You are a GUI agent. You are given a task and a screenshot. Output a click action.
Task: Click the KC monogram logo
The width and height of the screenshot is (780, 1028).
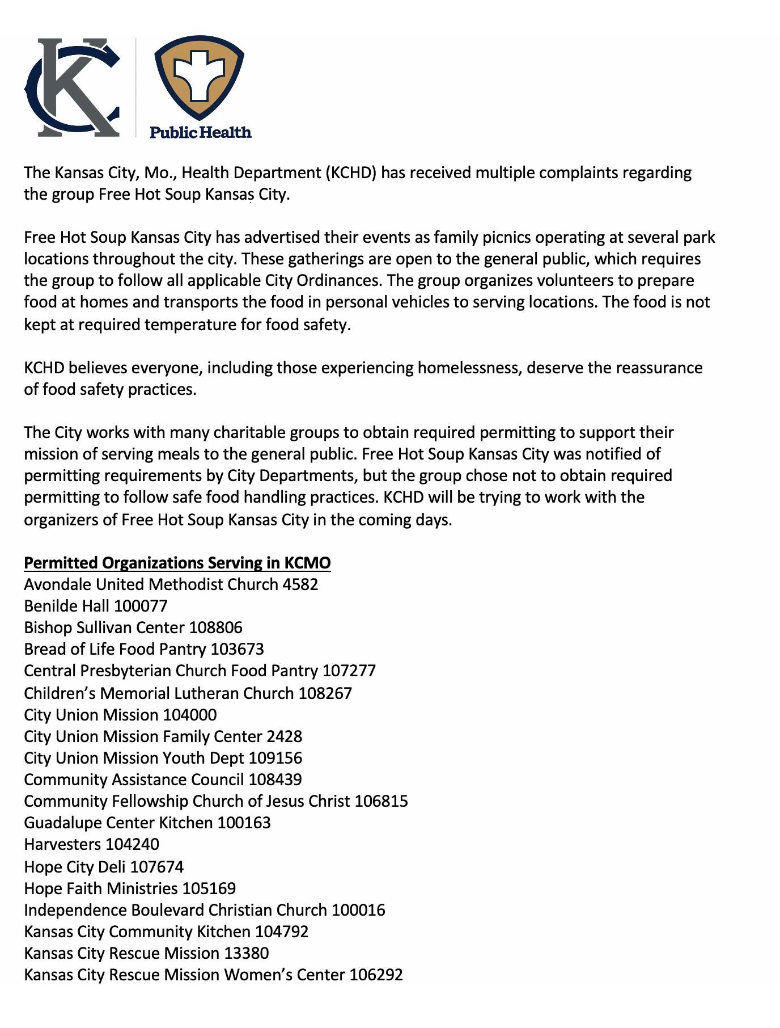coord(73,87)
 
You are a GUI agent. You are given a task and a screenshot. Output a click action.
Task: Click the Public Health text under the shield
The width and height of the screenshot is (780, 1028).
coord(200,132)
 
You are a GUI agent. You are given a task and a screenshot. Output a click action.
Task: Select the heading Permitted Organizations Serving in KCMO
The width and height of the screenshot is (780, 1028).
coord(177,563)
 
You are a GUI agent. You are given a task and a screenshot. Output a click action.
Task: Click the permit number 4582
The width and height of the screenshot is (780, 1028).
coord(300,584)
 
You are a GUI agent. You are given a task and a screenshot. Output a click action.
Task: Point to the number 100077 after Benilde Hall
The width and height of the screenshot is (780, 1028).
coord(141,606)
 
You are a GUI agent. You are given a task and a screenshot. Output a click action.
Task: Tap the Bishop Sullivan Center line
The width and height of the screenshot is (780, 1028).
coord(133,627)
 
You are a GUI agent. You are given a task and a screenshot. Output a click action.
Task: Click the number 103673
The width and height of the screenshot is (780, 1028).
coord(237,649)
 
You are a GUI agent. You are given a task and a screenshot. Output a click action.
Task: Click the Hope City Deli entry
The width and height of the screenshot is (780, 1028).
coord(103,867)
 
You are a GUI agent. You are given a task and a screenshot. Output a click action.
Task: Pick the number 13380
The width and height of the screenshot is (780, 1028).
coord(246,953)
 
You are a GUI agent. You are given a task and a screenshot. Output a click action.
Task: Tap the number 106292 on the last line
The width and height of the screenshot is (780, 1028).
coord(376,975)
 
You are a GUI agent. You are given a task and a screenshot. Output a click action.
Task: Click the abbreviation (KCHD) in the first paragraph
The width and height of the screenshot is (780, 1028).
coord(351,172)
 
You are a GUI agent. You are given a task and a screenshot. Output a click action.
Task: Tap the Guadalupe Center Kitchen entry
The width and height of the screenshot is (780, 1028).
coord(147,823)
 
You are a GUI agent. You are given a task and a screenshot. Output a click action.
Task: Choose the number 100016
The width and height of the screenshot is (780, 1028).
coord(358,910)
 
